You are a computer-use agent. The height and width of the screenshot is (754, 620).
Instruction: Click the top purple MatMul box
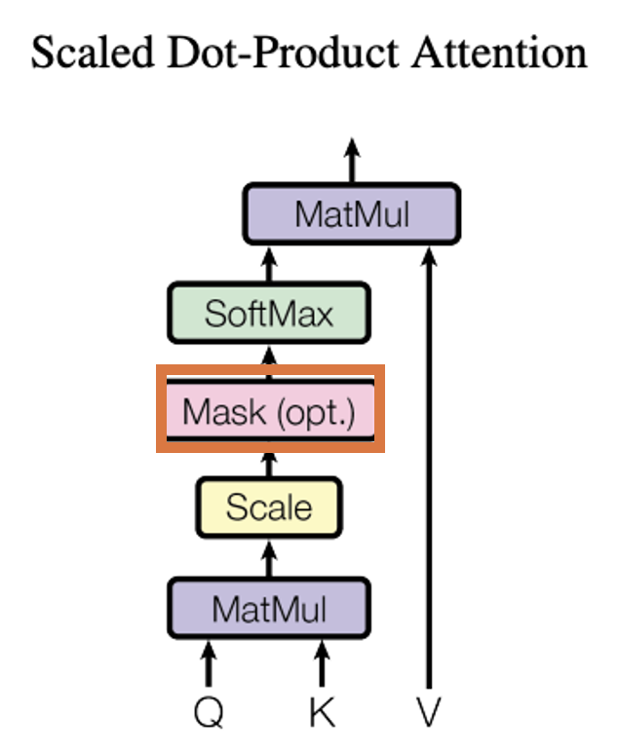click(351, 214)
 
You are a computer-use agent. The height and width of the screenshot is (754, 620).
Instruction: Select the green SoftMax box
click(269, 313)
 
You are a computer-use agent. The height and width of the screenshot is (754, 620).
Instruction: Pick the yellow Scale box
click(269, 507)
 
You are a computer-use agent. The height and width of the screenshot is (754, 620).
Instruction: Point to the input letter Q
click(208, 712)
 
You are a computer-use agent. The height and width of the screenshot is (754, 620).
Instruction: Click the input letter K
click(322, 712)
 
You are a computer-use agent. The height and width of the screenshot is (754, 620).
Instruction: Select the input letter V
click(429, 712)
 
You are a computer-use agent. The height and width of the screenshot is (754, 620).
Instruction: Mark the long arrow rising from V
click(429, 468)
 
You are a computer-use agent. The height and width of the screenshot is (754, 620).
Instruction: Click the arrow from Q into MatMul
click(208, 662)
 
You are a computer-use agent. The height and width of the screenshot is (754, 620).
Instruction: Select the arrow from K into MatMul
click(322, 662)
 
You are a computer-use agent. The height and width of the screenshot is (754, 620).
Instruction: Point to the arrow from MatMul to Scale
click(269, 557)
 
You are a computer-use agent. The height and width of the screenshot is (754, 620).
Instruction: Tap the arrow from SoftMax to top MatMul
click(269, 263)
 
